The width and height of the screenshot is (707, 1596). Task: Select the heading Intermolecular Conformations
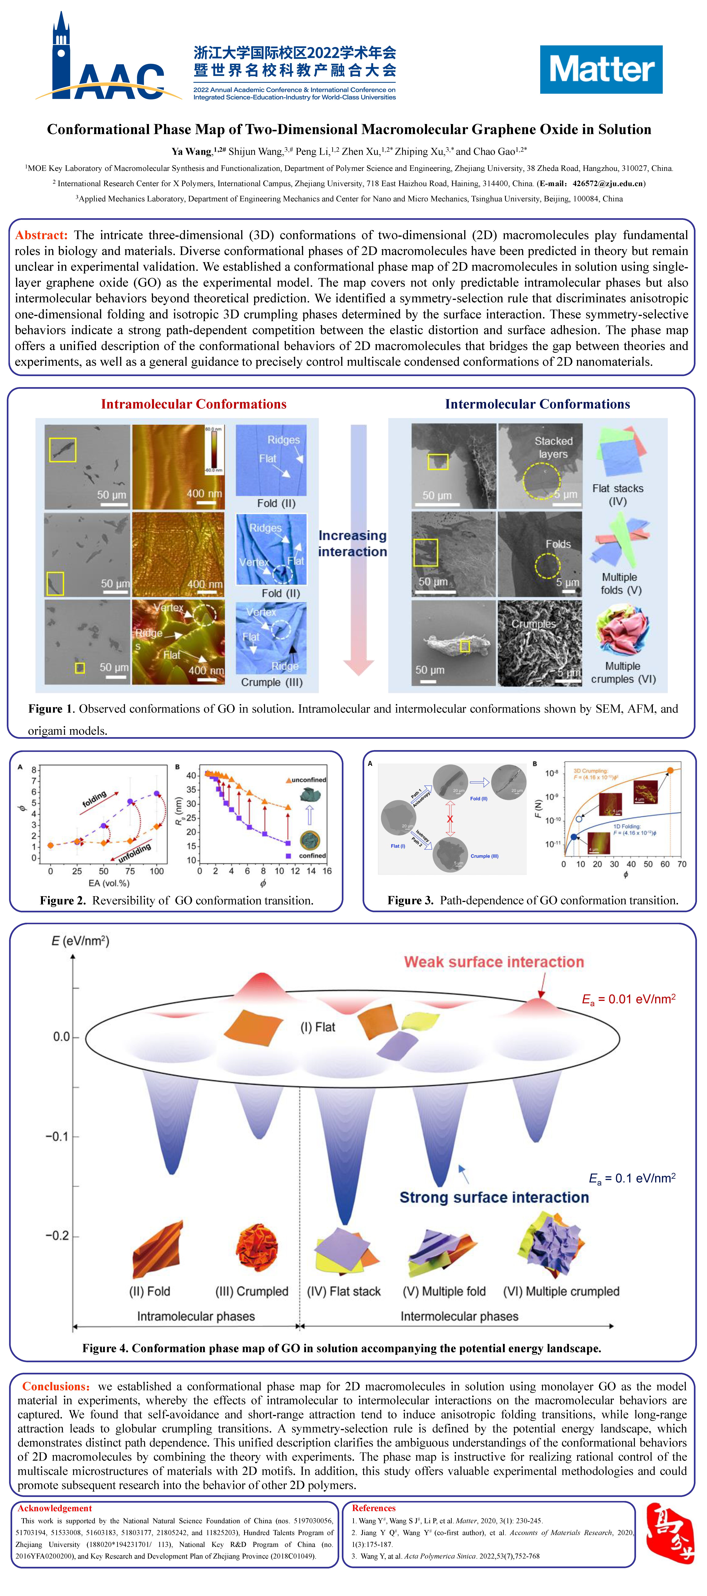coord(537,404)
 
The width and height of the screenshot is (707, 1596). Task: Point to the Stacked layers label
coord(553,447)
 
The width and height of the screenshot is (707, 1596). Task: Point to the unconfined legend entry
coord(308,780)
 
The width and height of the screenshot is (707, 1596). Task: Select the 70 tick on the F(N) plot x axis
coord(682,864)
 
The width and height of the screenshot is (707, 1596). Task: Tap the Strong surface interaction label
coord(494,1198)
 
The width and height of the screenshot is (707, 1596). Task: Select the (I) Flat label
coord(317,1027)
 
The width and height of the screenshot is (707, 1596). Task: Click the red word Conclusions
coord(56,1387)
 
